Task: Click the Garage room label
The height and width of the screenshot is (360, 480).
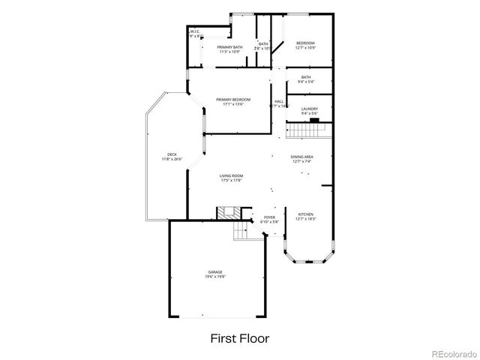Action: point(214,271)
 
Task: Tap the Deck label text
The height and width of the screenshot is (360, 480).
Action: point(172,154)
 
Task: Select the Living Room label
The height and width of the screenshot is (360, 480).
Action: point(231,175)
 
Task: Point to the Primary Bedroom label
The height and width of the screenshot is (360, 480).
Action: point(232,100)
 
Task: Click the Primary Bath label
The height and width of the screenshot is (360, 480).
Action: point(229,47)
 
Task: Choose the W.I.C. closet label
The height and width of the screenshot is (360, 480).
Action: point(194,31)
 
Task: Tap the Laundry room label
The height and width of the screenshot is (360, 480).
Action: point(310,109)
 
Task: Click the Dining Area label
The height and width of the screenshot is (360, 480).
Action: point(301,156)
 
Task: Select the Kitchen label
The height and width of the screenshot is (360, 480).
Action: point(306,214)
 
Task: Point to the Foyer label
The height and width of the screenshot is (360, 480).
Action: point(269,217)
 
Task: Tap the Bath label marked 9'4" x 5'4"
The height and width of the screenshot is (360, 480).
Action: point(306,77)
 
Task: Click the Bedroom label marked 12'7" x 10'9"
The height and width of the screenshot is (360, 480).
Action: point(304,43)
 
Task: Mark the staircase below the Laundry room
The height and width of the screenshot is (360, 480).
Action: point(307,130)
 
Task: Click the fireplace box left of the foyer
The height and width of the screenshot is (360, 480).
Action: point(227,213)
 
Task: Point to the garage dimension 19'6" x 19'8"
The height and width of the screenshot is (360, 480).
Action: point(214,277)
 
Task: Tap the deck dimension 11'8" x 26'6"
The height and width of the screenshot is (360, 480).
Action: point(172,159)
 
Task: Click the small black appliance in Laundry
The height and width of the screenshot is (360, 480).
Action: point(315,119)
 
